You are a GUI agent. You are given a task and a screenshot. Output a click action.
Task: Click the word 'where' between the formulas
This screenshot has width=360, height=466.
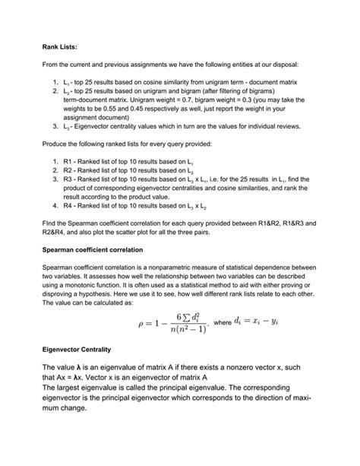pyautogui.click(x=224, y=323)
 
